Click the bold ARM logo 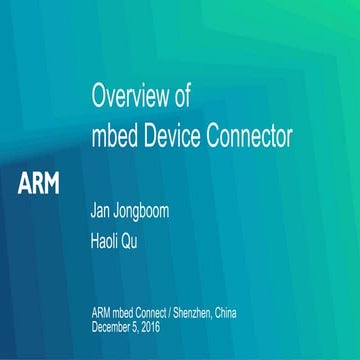point(39,184)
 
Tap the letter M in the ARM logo point(51,184)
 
